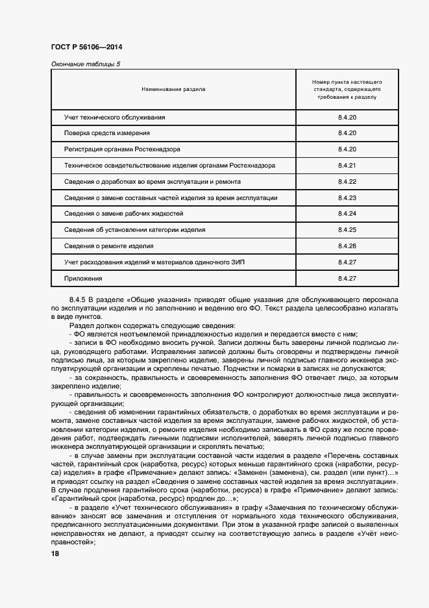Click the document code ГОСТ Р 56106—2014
pyautogui.click(x=86, y=48)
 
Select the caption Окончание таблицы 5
pyautogui.click(x=85, y=64)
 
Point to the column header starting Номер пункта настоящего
pyautogui.click(x=347, y=90)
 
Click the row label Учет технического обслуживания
pyautogui.click(x=115, y=117)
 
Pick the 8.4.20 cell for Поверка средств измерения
pyautogui.click(x=348, y=133)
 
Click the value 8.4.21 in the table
pyautogui.click(x=348, y=166)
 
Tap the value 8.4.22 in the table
pyautogui.click(x=348, y=182)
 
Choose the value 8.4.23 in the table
pyautogui.click(x=348, y=197)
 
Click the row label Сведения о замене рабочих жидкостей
pyautogui.click(x=124, y=214)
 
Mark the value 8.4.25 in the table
pyautogui.click(x=348, y=230)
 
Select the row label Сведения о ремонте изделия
pyautogui.click(x=108, y=246)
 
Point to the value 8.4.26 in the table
pyautogui.click(x=348, y=246)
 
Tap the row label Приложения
pyautogui.click(x=83, y=278)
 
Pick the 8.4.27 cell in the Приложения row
pyautogui.click(x=348, y=278)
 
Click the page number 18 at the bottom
pyautogui.click(x=55, y=553)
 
